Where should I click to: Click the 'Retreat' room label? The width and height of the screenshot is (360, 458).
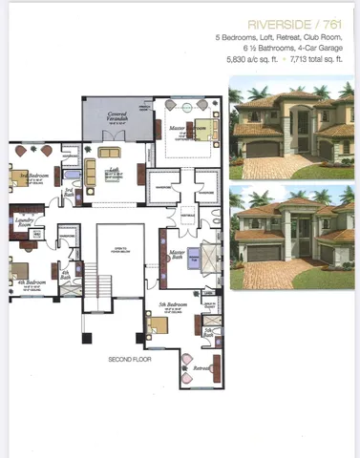click(201, 368)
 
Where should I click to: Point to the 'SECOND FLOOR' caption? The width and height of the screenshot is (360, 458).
click(129, 360)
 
